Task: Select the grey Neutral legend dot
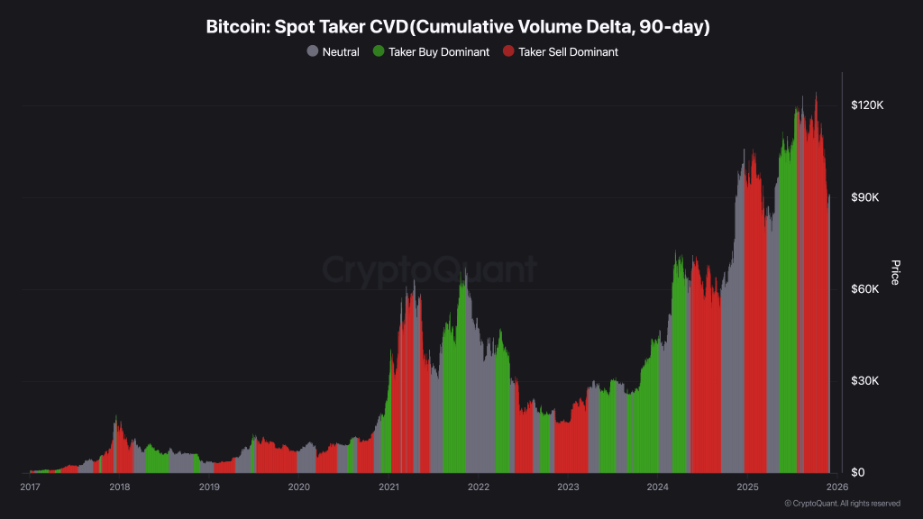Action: point(313,52)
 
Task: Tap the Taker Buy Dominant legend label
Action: point(438,52)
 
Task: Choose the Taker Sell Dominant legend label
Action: point(568,52)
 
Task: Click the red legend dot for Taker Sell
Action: point(508,52)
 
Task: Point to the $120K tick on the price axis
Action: point(867,105)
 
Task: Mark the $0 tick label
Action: point(858,473)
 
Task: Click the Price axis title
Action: point(895,272)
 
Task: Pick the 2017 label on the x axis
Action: point(30,487)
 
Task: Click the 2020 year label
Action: point(298,487)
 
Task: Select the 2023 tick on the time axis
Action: point(568,487)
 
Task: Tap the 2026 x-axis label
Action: point(836,487)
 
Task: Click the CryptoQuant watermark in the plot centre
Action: point(430,269)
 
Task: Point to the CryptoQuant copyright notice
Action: point(842,504)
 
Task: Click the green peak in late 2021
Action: point(464,275)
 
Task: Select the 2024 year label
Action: point(657,487)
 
